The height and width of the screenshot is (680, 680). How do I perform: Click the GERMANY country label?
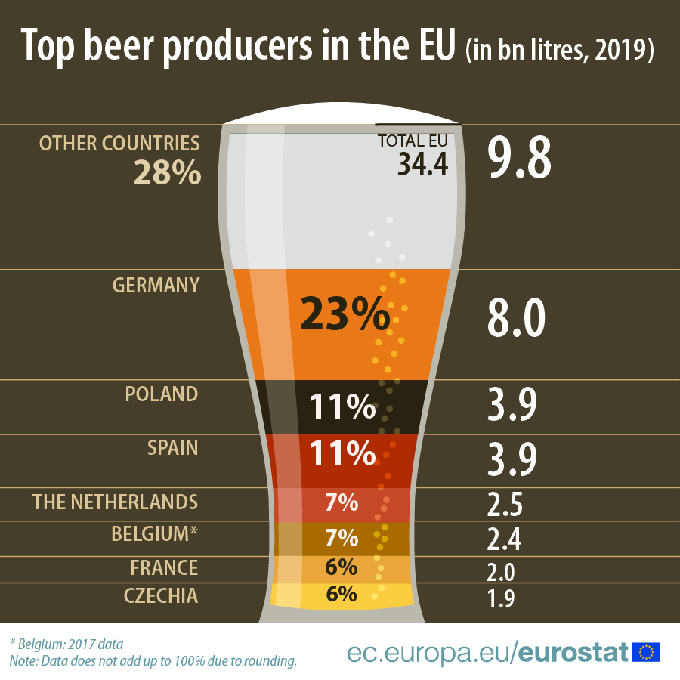click(156, 285)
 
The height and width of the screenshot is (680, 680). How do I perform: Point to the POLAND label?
click(161, 394)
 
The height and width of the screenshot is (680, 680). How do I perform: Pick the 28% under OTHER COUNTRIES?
click(167, 173)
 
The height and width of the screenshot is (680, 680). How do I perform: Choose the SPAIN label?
click(172, 447)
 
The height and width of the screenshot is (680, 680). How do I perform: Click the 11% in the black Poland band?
click(342, 407)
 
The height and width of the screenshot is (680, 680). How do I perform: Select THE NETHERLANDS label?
click(115, 502)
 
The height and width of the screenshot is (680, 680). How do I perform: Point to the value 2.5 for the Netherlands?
click(505, 504)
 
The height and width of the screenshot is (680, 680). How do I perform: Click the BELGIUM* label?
click(154, 533)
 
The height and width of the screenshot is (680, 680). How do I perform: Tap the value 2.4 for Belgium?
click(505, 539)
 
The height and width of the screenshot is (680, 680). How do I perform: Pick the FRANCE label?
click(164, 567)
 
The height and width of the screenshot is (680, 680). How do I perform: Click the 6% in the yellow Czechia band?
click(342, 594)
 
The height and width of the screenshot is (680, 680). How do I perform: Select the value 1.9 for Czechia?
click(499, 599)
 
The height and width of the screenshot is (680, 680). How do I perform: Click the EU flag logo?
click(647, 651)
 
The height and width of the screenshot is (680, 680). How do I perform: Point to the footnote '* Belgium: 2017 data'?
click(66, 644)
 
